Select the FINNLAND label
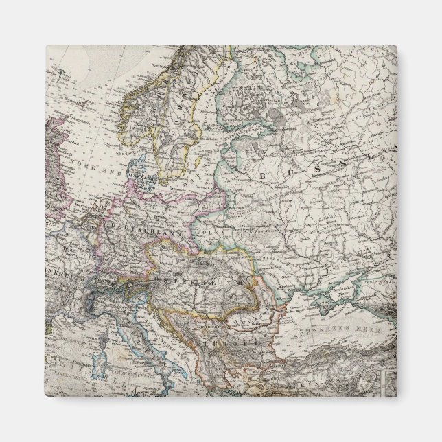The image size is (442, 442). (243, 90)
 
